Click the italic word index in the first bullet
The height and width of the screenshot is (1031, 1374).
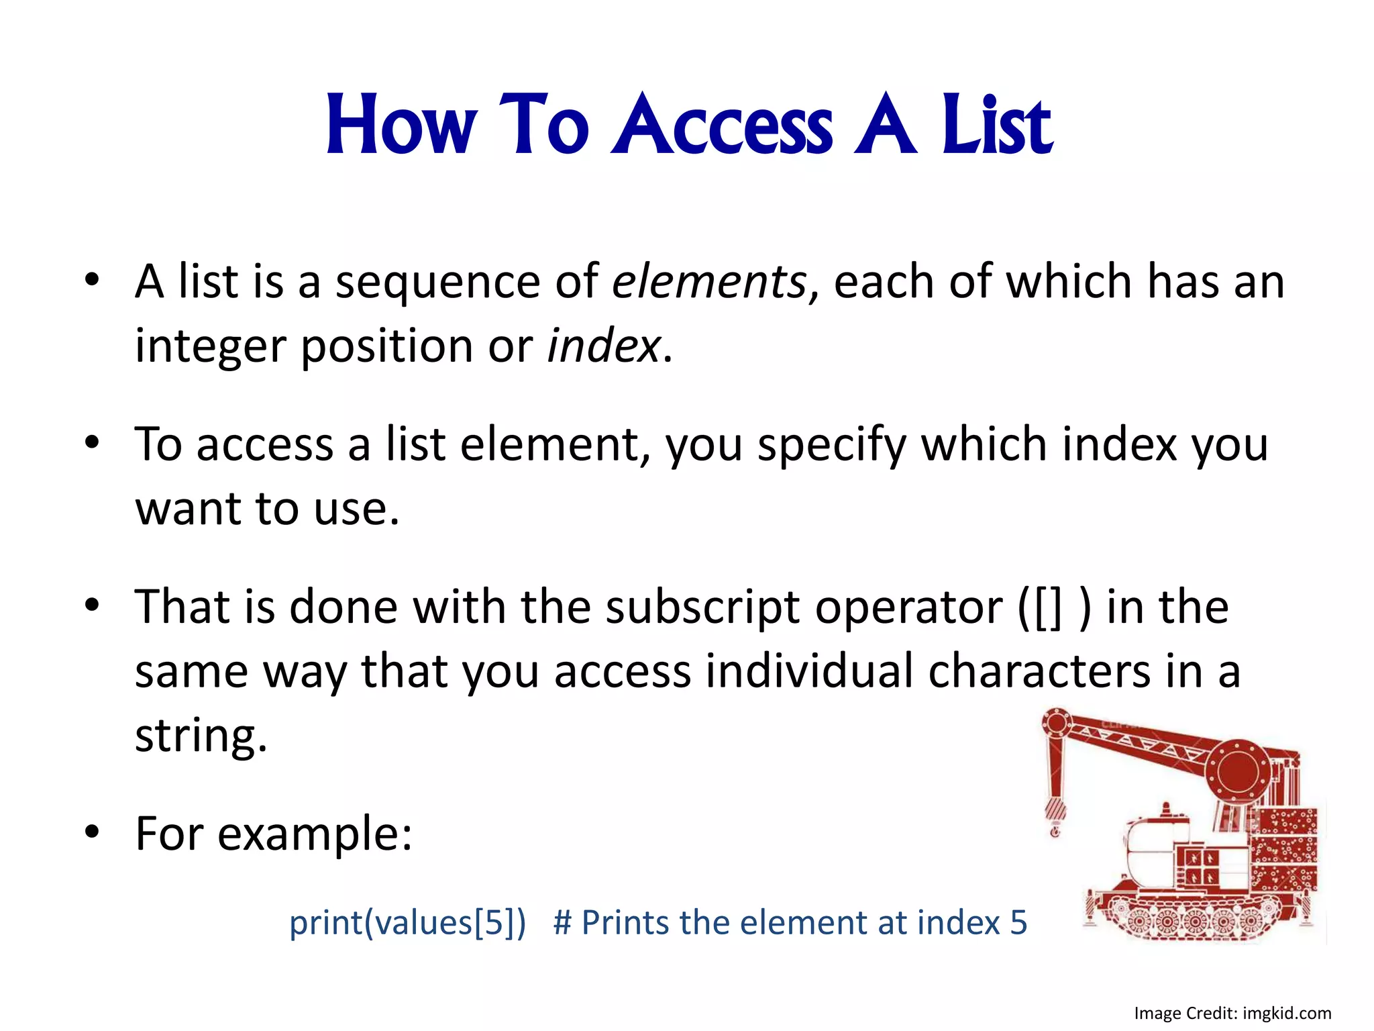tap(604, 346)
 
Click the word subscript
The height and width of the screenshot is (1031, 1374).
tap(702, 607)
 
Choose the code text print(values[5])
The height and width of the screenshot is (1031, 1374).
tap(407, 922)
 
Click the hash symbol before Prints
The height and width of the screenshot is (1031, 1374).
tap(562, 922)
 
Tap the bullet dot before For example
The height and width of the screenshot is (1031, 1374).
tap(92, 832)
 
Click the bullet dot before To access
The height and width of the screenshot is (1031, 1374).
tap(92, 442)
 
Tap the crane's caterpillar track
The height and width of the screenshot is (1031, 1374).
tap(1187, 917)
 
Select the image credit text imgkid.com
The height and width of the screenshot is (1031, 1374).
tap(1287, 1013)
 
